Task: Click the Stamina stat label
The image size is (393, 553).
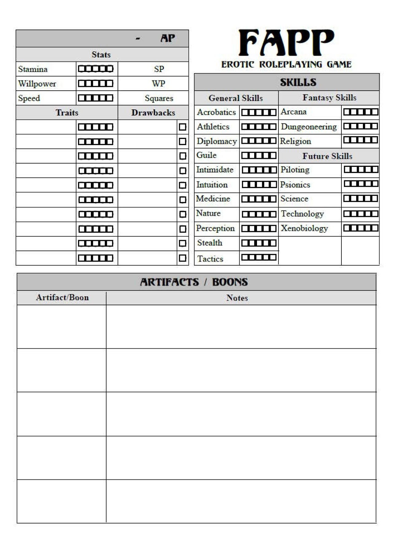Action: [x=33, y=69]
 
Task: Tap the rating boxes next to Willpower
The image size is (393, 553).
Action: [x=95, y=83]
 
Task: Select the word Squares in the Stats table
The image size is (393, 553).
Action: [x=159, y=98]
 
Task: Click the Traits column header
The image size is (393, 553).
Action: [x=67, y=113]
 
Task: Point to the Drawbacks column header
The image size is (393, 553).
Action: [x=153, y=113]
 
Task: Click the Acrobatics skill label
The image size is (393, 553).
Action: [x=216, y=112]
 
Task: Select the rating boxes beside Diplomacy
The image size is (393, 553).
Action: [x=259, y=141]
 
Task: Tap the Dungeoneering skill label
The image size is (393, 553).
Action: [x=309, y=127]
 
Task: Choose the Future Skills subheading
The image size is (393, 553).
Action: [x=327, y=156]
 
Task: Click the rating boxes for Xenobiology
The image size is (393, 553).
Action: [x=361, y=228]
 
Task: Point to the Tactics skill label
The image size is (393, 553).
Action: [x=210, y=259]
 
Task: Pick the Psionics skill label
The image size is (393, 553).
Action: [x=295, y=185]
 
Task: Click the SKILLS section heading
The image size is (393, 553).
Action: [x=298, y=82]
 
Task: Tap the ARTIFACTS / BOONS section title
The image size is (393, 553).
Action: [x=194, y=282]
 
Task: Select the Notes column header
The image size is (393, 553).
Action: [x=237, y=298]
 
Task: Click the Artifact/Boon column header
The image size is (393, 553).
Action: [x=62, y=298]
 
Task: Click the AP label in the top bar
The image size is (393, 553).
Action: [x=168, y=38]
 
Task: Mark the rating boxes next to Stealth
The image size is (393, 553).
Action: [x=259, y=243]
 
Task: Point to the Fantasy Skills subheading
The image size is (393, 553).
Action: [x=329, y=98]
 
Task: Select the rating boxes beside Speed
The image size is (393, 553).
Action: [x=95, y=98]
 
